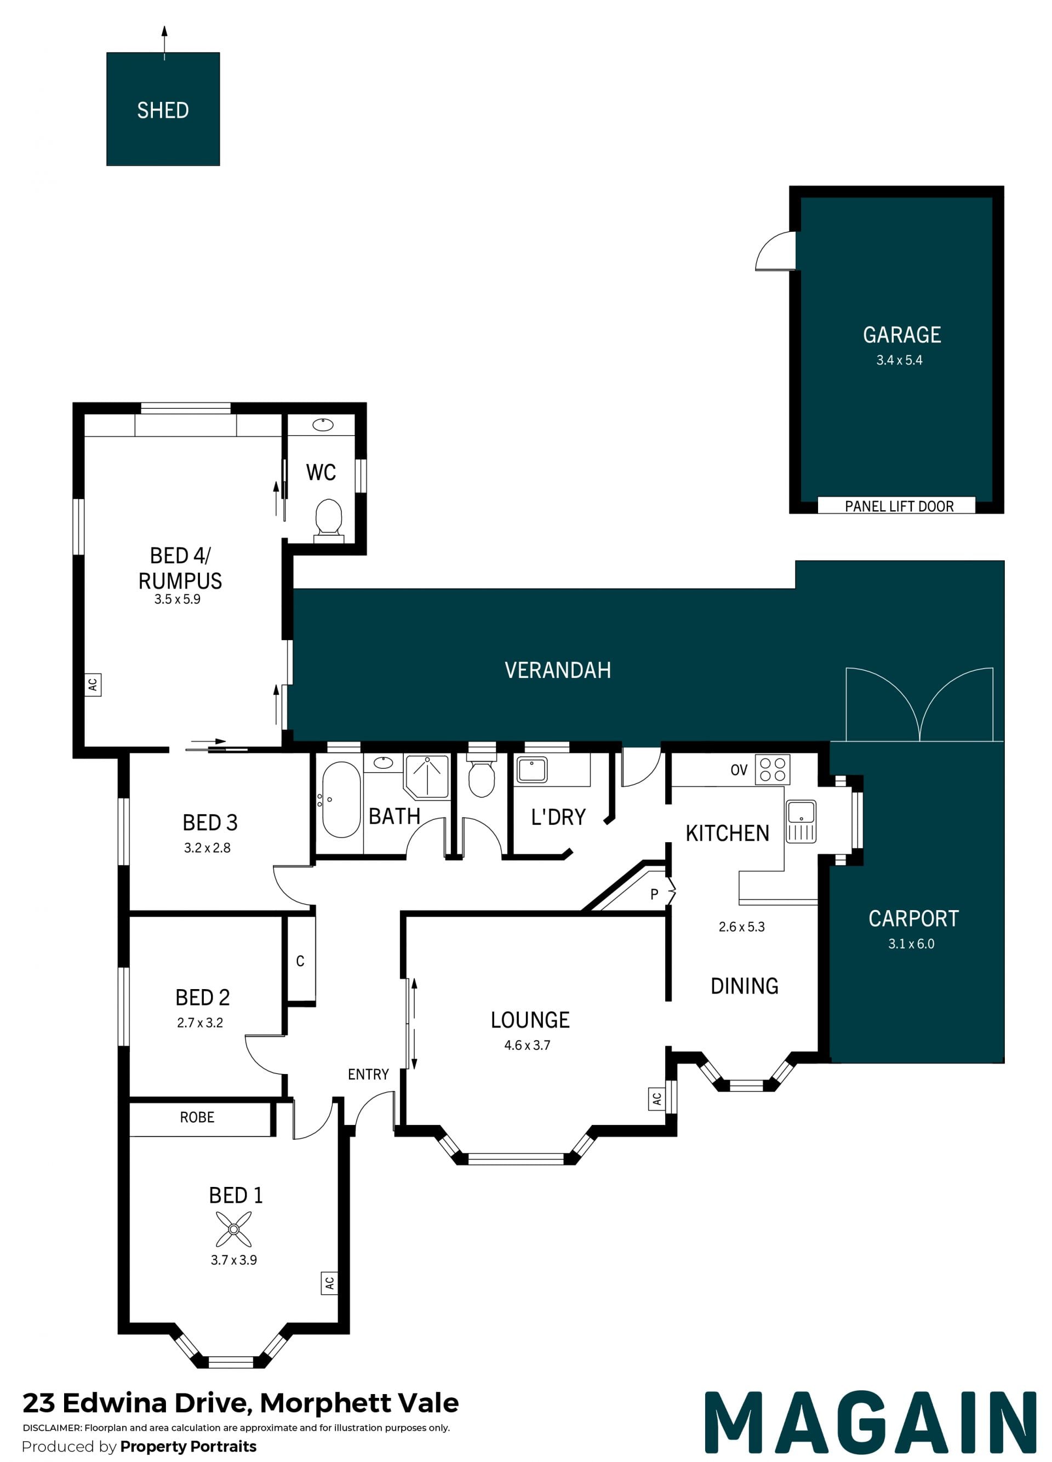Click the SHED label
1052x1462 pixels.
click(163, 110)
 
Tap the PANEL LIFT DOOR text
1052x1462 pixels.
click(899, 506)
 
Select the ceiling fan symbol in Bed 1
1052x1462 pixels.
click(233, 1229)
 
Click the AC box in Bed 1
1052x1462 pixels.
click(329, 1283)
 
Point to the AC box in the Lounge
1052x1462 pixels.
click(656, 1099)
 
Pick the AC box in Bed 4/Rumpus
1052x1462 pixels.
click(93, 684)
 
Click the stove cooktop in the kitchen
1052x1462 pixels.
click(772, 769)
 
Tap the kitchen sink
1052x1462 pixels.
click(801, 821)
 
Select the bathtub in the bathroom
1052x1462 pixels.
click(341, 799)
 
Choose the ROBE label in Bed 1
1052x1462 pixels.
click(197, 1117)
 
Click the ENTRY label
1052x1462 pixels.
click(368, 1074)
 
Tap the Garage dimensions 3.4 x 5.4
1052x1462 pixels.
click(899, 361)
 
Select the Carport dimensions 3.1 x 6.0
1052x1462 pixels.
click(911, 944)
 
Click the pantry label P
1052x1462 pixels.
click(654, 894)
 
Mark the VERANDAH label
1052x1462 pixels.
click(558, 670)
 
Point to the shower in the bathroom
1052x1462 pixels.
click(426, 776)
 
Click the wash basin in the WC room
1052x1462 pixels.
click(322, 424)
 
